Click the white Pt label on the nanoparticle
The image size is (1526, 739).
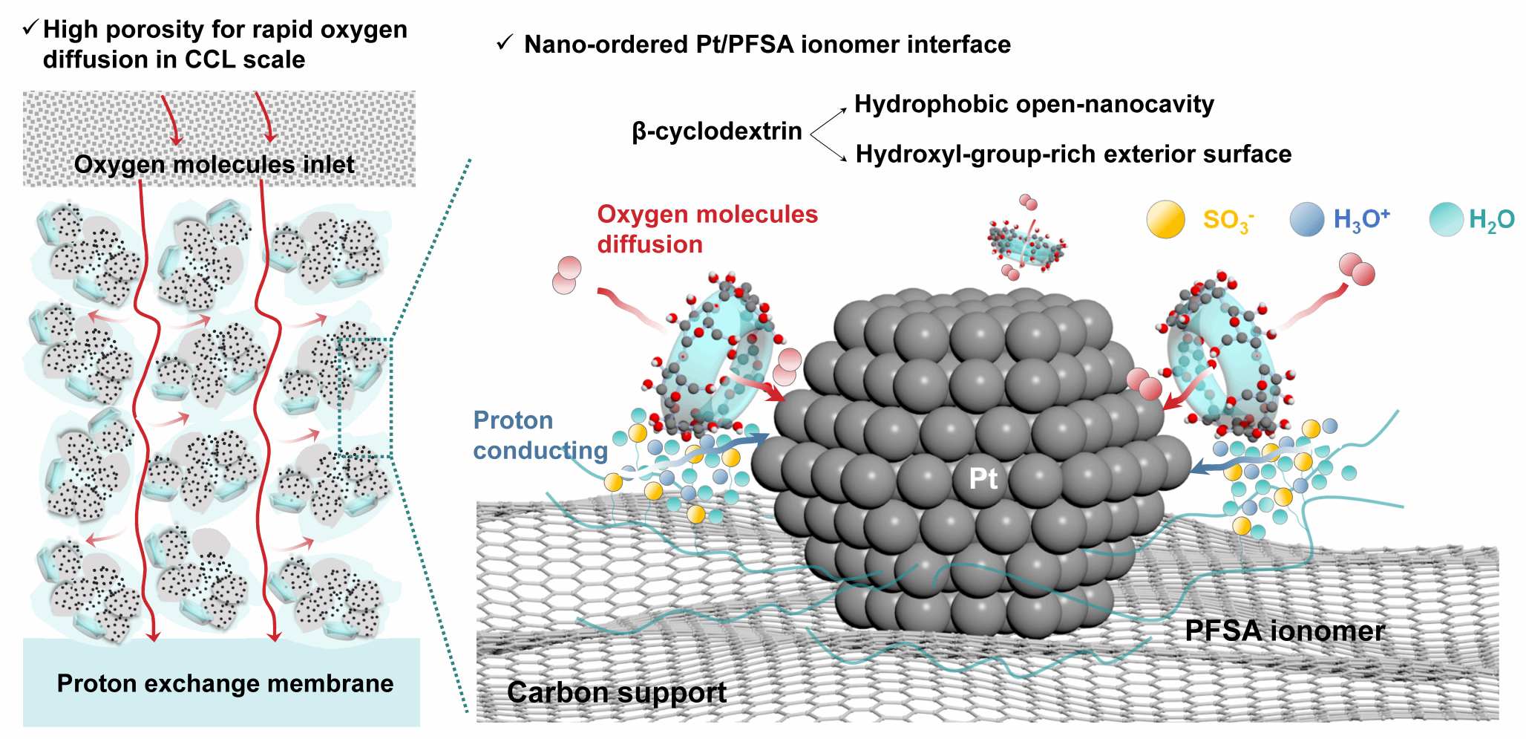(x=983, y=479)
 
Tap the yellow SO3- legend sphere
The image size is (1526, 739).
(x=1165, y=220)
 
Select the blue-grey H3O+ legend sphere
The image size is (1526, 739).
(x=1306, y=220)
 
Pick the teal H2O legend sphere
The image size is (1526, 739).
(x=1446, y=220)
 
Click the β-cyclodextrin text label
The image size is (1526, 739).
(x=717, y=131)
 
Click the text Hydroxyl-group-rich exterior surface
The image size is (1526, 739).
(x=1073, y=154)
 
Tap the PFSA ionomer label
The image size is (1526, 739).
(x=1284, y=631)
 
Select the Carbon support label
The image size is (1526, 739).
(x=616, y=692)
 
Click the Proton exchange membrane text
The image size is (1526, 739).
(x=225, y=683)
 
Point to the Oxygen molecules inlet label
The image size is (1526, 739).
(x=214, y=164)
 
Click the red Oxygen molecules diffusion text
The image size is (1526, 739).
(x=707, y=229)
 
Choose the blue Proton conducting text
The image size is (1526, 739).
(x=540, y=435)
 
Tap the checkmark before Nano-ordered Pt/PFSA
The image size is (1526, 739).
(x=505, y=43)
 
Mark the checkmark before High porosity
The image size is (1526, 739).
(x=30, y=28)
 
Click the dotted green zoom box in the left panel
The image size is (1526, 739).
(x=364, y=397)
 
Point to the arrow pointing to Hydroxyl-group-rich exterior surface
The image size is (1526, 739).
(x=830, y=149)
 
